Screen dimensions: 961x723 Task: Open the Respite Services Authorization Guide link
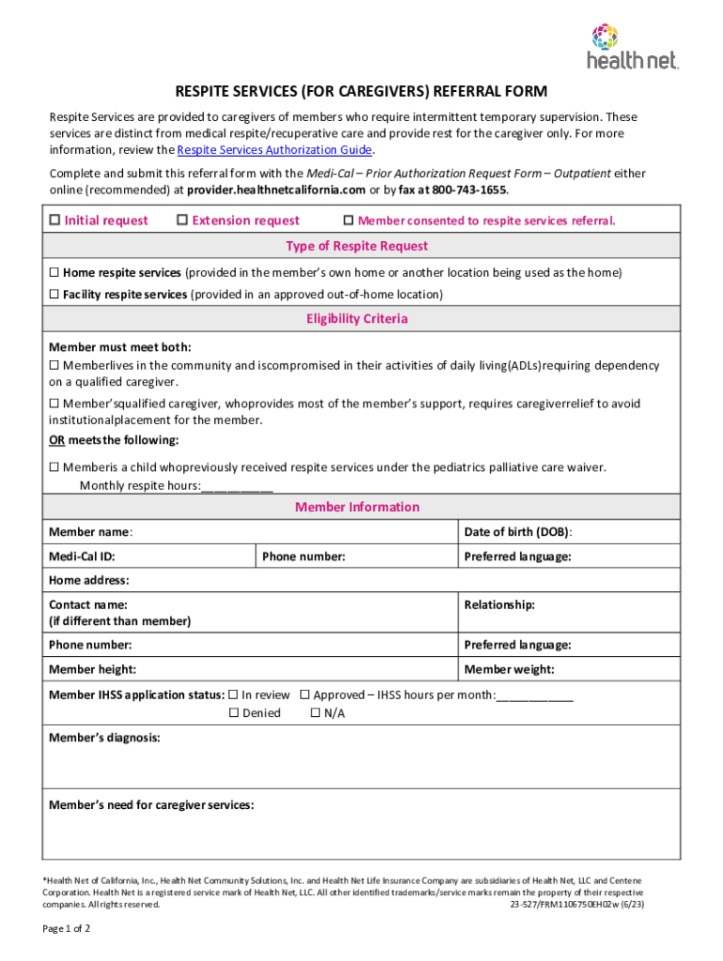[275, 150]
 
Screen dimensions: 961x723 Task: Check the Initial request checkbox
[54, 221]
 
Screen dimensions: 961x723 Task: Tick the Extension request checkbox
[182, 221]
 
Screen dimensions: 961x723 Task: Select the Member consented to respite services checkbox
[348, 221]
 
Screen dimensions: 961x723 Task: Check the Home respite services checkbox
[54, 273]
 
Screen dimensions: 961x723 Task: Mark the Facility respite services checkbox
[54, 295]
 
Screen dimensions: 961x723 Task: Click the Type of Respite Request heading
[357, 246]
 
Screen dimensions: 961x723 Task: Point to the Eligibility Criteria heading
[357, 319]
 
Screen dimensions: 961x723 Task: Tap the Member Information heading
[357, 508]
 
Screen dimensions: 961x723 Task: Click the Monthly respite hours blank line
[237, 486]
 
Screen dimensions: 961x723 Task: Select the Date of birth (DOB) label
[517, 532]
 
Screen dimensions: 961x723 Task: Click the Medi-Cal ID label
[82, 557]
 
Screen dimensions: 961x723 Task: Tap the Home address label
[88, 581]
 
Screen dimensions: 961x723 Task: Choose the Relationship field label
[499, 605]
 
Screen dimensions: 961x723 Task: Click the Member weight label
[509, 669]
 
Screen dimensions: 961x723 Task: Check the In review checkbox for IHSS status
[234, 695]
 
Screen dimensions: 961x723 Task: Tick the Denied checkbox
[234, 713]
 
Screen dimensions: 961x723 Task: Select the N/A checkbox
[315, 713]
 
